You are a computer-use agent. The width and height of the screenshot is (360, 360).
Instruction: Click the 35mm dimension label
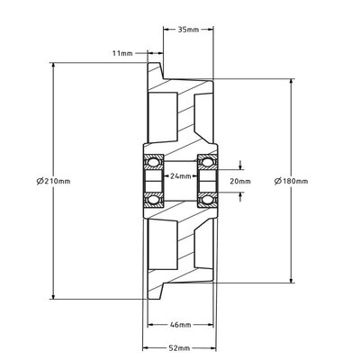point(188,30)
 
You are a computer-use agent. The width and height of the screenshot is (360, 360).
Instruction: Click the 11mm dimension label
point(122,53)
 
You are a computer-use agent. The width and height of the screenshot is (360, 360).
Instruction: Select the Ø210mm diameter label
point(54,181)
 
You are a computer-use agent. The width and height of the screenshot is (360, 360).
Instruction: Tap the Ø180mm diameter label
point(292,181)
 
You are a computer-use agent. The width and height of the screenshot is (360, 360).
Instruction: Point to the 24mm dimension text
point(181,176)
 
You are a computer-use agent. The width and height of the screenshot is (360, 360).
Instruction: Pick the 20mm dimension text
point(240,181)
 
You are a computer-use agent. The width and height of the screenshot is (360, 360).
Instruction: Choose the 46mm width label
point(180,325)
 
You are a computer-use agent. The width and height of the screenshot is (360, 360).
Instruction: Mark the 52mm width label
point(179,348)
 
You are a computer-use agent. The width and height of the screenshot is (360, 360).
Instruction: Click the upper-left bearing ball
point(154,162)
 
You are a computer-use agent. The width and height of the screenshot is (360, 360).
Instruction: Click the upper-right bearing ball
point(207,162)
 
